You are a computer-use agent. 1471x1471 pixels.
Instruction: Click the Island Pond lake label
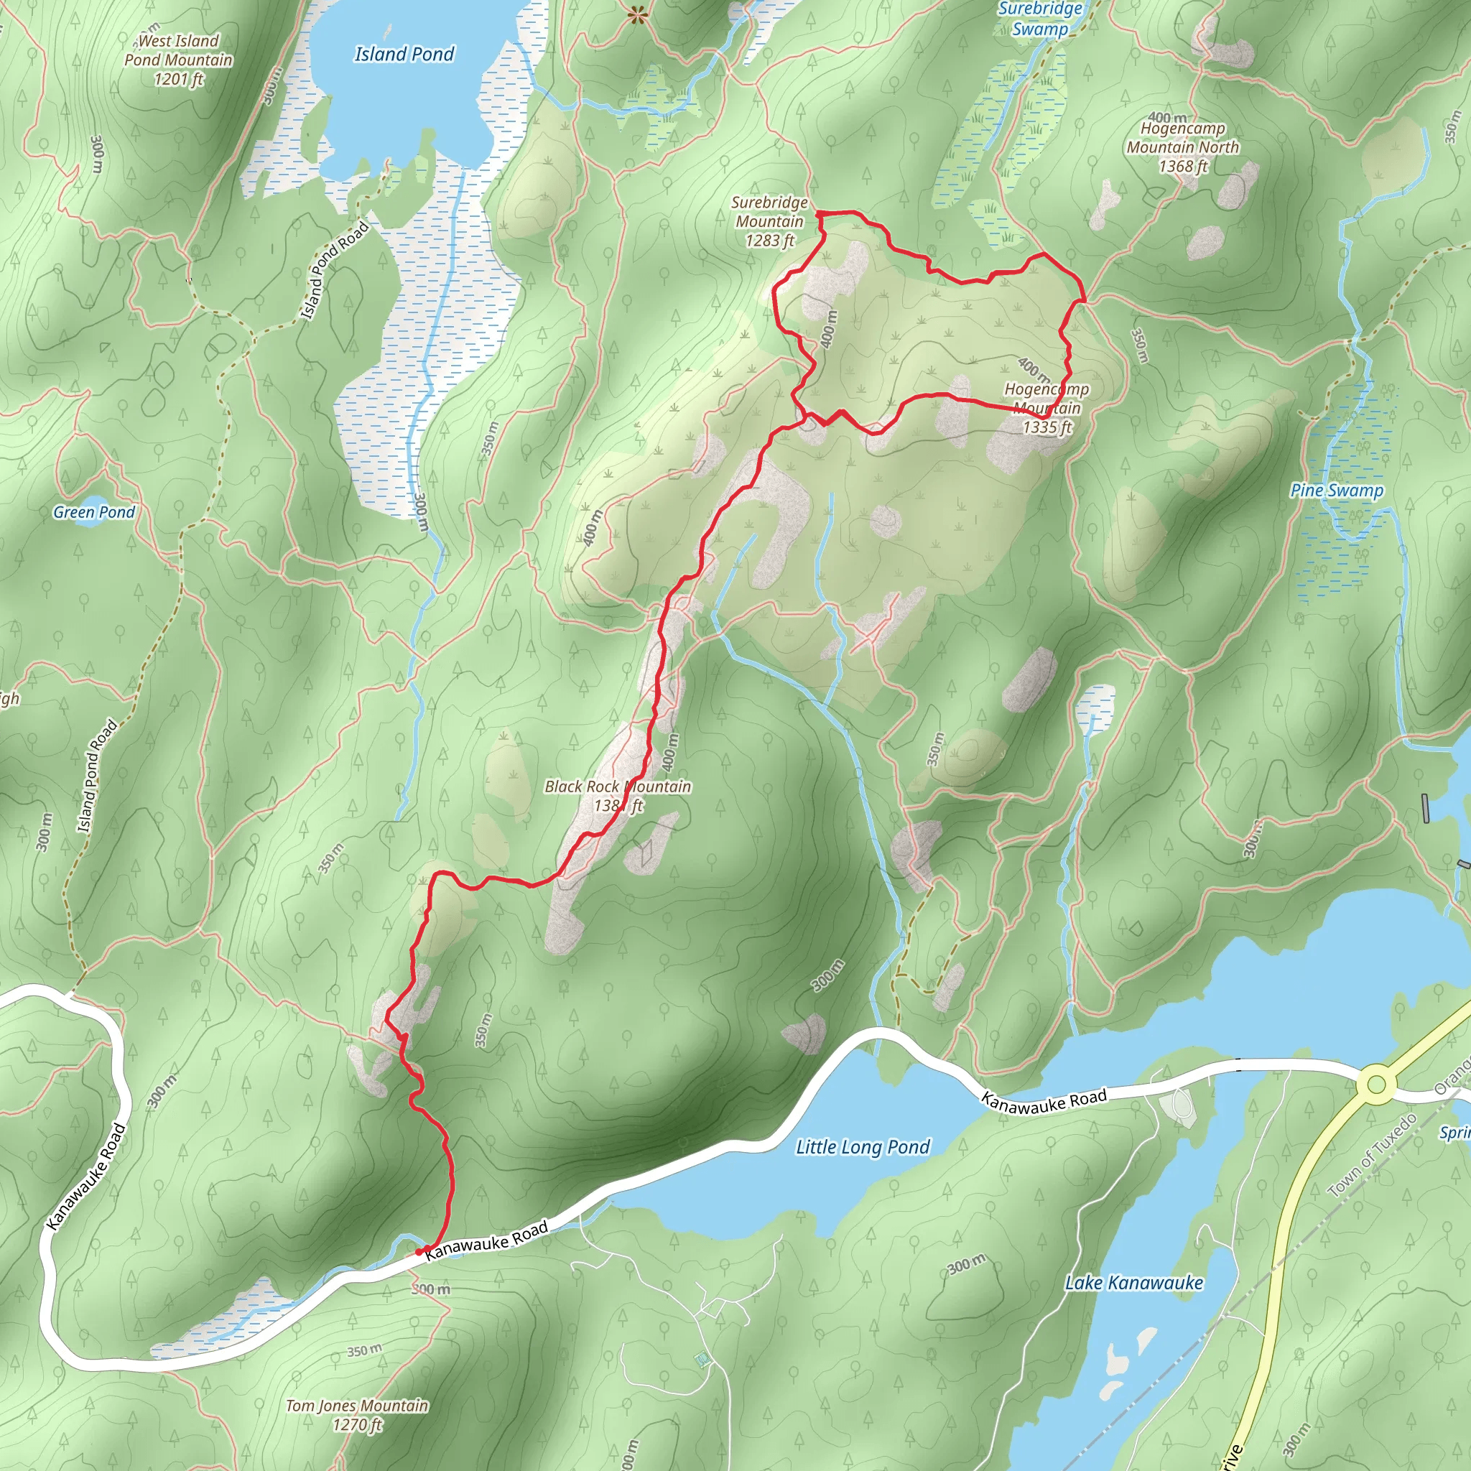click(x=404, y=54)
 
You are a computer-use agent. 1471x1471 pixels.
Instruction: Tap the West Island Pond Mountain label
click(x=178, y=60)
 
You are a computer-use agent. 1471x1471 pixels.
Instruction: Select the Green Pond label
click(x=93, y=512)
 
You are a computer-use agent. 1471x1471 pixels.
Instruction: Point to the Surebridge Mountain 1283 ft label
click(x=769, y=221)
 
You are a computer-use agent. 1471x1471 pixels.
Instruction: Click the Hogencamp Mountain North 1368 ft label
click(x=1182, y=147)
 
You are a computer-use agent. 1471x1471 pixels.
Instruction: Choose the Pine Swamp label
click(x=1336, y=491)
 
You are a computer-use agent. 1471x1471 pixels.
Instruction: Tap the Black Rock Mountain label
click(x=618, y=796)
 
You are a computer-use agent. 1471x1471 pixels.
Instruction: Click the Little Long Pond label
click(x=863, y=1146)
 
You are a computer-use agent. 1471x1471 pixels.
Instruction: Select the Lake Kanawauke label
click(x=1133, y=1283)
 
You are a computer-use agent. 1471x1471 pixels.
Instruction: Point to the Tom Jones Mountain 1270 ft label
click(x=356, y=1415)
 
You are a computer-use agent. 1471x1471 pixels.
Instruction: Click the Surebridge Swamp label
click(x=1039, y=19)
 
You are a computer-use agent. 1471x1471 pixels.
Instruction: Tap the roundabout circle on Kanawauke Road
click(x=1375, y=1084)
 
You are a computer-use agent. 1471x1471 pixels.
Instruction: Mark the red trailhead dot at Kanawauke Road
click(x=419, y=1252)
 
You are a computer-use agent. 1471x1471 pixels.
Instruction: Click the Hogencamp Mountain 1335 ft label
click(x=1047, y=408)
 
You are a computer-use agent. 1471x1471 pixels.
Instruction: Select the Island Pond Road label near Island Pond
click(x=333, y=271)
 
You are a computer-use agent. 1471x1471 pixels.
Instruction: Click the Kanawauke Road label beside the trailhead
click(x=486, y=1242)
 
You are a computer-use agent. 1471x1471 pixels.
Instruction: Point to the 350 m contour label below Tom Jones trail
click(x=364, y=1352)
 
